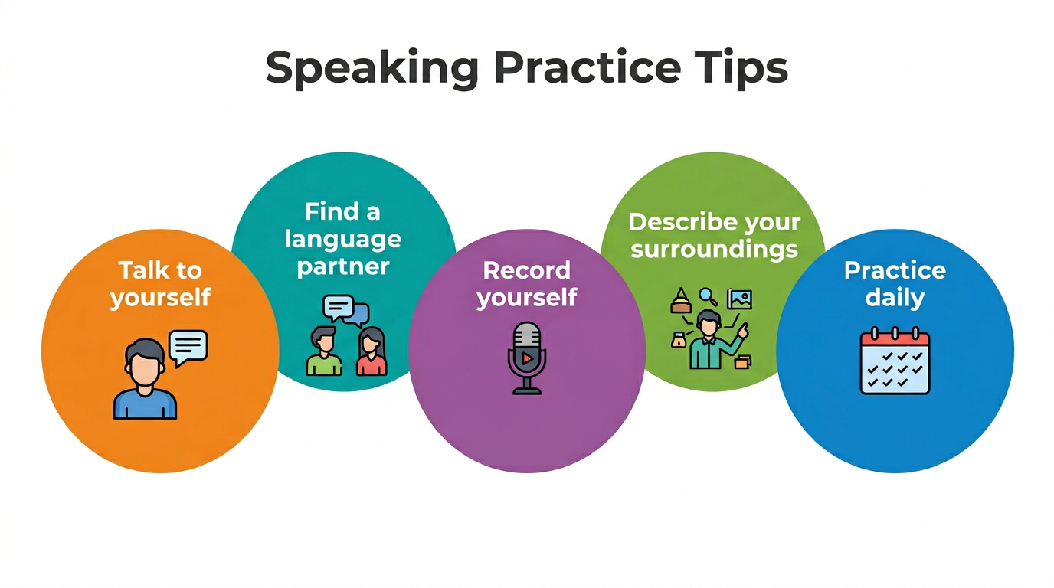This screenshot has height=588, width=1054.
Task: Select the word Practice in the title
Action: [x=587, y=69]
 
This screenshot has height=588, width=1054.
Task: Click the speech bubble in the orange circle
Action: [x=188, y=348]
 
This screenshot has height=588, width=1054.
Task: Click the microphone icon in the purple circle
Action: [x=527, y=358]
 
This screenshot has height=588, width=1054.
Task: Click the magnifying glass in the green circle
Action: [x=708, y=296]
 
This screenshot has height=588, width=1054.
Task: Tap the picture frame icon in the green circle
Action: [x=739, y=299]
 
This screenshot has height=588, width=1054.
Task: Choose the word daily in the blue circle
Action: [x=895, y=297]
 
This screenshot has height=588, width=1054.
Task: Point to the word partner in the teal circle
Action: [x=343, y=266]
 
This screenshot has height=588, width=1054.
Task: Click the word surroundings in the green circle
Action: [x=714, y=250]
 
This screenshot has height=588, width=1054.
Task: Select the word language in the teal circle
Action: [x=343, y=239]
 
